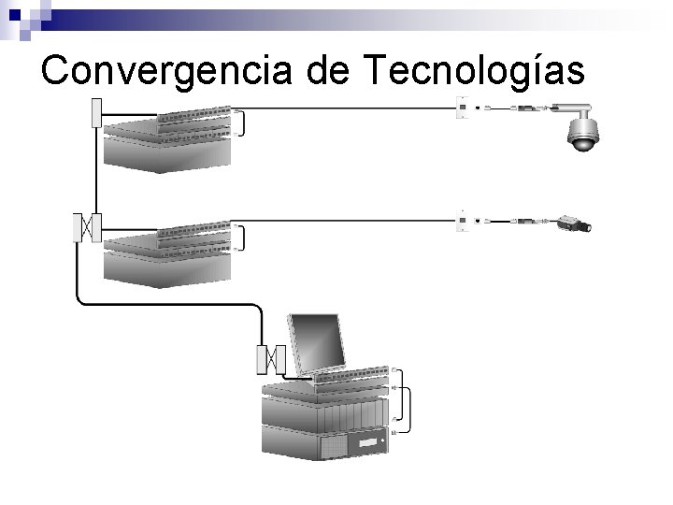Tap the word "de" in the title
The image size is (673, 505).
pos(335,71)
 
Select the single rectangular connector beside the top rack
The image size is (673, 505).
pos(94,112)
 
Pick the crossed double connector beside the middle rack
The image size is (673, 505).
pos(86,226)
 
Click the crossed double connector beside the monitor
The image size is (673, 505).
pos(269,358)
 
